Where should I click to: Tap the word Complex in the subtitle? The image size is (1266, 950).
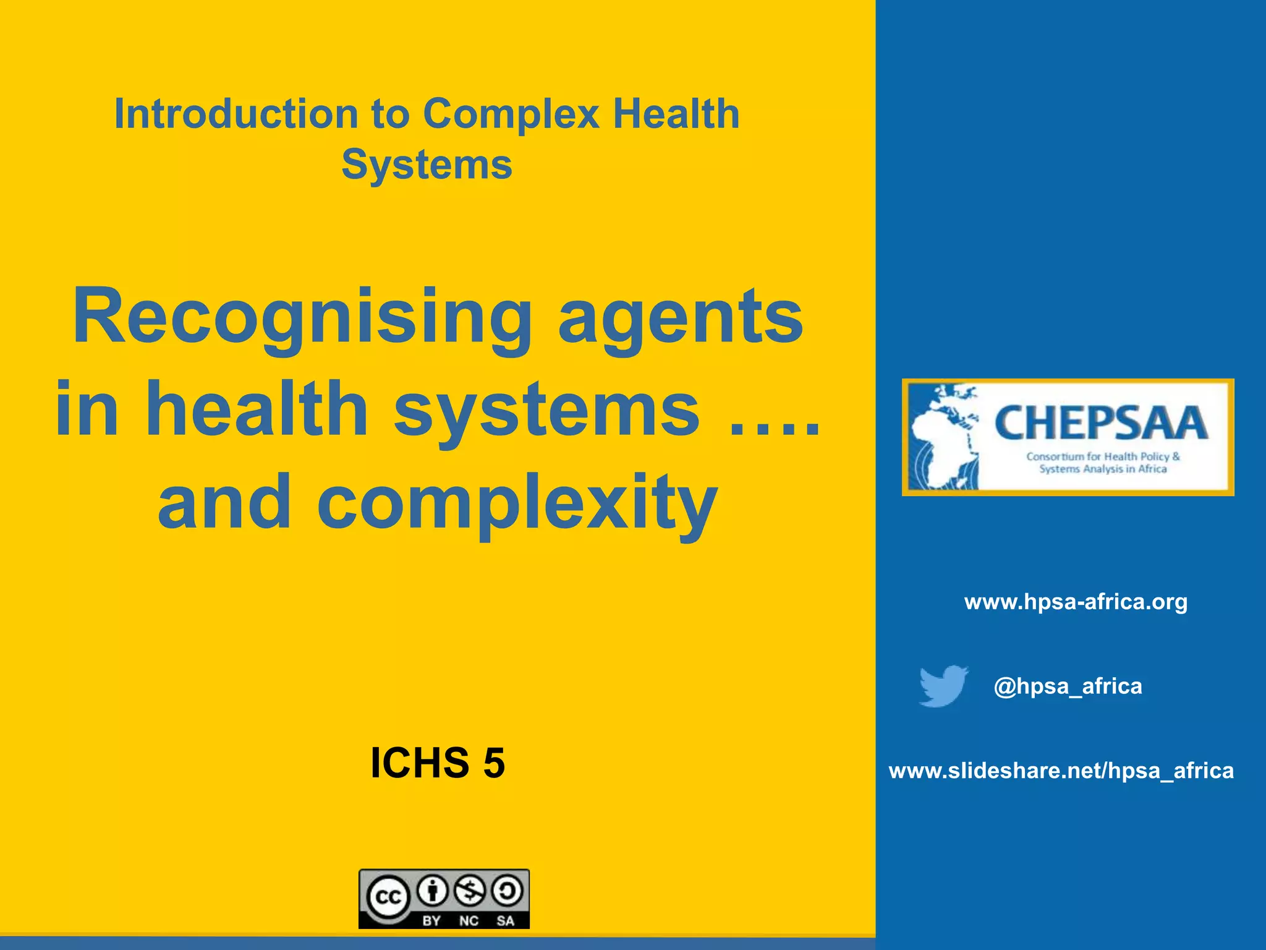tap(511, 115)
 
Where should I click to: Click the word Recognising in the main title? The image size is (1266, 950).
tap(302, 317)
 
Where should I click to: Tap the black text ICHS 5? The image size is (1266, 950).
tap(438, 763)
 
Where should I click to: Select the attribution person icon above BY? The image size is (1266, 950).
tap(433, 891)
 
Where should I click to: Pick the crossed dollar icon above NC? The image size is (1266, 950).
tap(470, 891)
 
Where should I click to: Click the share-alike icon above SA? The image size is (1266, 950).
tap(507, 891)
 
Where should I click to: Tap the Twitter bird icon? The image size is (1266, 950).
tap(943, 685)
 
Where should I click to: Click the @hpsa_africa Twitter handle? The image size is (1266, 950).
tap(1068, 686)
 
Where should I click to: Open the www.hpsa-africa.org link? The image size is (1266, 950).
tap(1076, 602)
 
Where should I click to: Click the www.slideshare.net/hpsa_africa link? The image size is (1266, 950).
tap(1061, 771)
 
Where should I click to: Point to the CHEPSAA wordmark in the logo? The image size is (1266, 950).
tap(1101, 423)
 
